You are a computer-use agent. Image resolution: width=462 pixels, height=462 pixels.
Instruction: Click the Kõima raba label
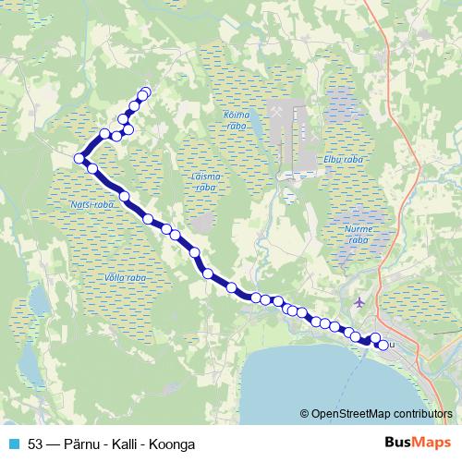tap(238, 118)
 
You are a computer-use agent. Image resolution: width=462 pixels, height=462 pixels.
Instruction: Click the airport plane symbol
tap(359, 302)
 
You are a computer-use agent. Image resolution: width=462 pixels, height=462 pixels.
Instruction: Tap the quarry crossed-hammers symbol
tap(276, 113)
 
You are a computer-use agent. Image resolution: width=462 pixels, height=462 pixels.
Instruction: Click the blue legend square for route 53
tap(12, 444)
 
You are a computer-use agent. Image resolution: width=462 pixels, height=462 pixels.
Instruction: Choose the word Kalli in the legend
tap(130, 444)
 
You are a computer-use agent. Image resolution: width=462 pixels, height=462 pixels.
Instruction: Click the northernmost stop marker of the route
tap(144, 91)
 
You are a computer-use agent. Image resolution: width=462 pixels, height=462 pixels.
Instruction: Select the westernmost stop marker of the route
tap(79, 159)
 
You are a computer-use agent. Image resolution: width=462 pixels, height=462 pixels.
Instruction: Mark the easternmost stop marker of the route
tap(383, 346)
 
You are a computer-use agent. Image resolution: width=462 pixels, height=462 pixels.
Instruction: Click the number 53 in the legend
tap(37, 444)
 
